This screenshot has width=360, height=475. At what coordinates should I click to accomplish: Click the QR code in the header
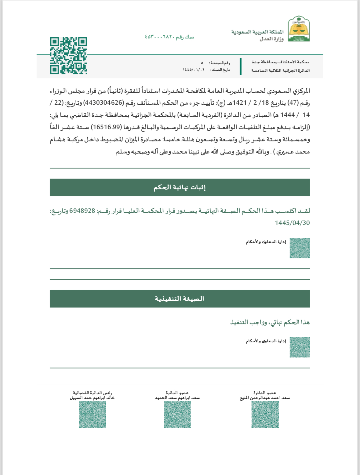(68, 56)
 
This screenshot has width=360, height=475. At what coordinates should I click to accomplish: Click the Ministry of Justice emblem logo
(299, 29)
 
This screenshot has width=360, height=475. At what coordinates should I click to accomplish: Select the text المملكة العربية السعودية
(257, 32)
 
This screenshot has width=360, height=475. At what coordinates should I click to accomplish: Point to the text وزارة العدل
(271, 39)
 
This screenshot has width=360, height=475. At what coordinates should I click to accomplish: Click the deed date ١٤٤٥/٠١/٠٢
(194, 70)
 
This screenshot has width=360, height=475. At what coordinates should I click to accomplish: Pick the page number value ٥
(202, 63)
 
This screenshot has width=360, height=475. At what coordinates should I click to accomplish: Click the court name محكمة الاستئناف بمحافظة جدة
(280, 62)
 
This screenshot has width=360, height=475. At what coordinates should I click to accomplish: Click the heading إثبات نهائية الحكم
(180, 187)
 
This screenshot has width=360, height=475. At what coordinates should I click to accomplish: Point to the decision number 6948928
(82, 211)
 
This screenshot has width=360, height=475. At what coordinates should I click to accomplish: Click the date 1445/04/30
(292, 223)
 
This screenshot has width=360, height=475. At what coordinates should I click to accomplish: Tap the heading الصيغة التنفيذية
(180, 299)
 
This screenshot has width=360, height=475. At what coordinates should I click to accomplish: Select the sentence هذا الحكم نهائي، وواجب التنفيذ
(270, 322)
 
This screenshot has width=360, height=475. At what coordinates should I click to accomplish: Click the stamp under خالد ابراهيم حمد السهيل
(92, 414)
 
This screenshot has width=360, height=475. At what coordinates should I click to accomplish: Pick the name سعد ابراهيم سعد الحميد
(177, 398)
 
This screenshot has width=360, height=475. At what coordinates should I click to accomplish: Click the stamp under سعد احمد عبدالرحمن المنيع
(265, 414)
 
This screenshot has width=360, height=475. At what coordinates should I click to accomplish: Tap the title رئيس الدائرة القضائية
(92, 393)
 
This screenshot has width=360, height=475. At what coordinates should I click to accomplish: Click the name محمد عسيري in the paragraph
(293, 152)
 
